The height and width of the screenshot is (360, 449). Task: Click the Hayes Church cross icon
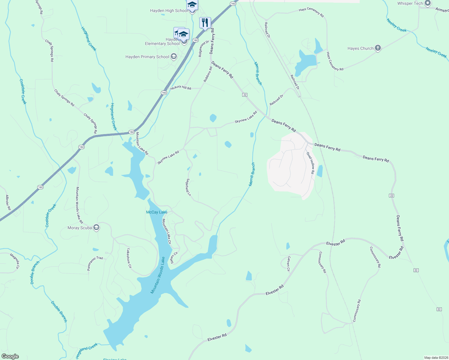378,48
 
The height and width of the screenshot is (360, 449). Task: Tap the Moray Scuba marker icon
96,228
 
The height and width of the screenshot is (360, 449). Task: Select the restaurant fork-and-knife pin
205,23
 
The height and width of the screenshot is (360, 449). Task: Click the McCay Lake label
157,212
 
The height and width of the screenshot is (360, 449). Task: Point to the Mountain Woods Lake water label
158,275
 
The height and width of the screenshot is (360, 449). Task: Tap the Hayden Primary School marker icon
173,57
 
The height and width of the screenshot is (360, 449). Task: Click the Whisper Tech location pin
428,3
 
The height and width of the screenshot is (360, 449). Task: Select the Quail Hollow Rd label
311,163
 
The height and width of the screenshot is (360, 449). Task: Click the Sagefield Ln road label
188,187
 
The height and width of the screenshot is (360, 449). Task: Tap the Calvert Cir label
288,264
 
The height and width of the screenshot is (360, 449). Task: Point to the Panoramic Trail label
95,263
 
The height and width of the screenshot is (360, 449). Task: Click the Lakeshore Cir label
129,258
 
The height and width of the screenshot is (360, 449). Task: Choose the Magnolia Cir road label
15,261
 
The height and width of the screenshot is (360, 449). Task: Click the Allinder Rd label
8,202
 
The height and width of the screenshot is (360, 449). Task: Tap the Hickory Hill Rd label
181,88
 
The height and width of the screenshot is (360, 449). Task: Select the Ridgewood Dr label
203,49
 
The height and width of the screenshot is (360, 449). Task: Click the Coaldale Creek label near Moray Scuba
51,215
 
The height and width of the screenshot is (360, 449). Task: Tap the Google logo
10,356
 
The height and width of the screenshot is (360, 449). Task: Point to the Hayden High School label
169,11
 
